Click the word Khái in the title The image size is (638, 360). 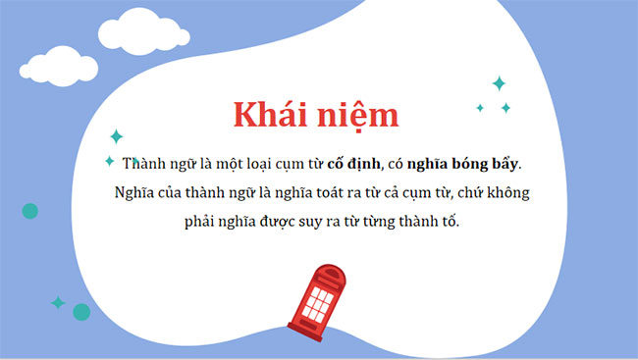(x=269, y=115)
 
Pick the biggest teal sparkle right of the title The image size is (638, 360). (x=498, y=83)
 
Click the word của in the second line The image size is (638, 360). (x=166, y=192)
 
